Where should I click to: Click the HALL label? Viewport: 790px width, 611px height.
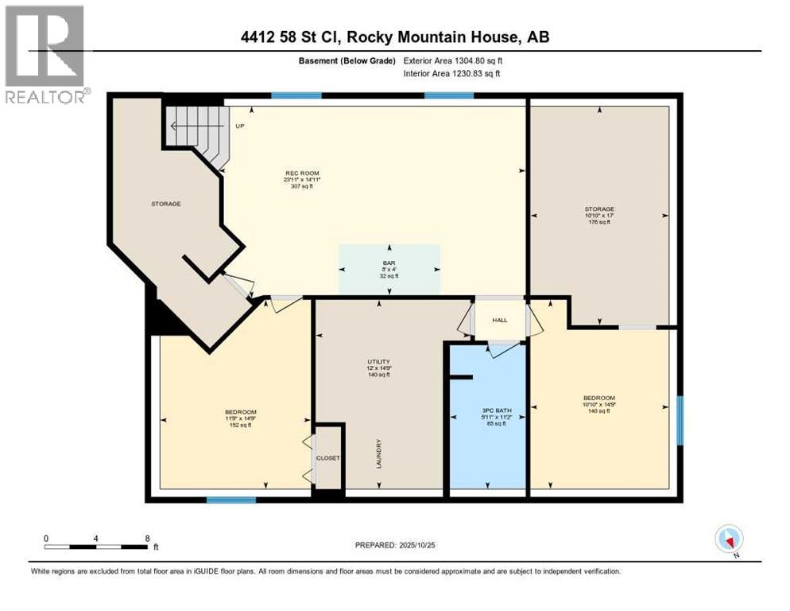pyautogui.click(x=499, y=320)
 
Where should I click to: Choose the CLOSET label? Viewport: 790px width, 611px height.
pyautogui.click(x=327, y=458)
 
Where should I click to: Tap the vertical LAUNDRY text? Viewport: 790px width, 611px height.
pyautogui.click(x=380, y=453)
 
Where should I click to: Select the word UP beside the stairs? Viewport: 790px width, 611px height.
pyautogui.click(x=239, y=126)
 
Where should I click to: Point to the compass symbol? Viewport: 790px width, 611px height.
pyautogui.click(x=728, y=539)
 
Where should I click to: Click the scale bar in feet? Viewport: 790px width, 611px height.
pyautogui.click(x=96, y=547)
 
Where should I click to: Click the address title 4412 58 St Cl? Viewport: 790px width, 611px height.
pyautogui.click(x=394, y=37)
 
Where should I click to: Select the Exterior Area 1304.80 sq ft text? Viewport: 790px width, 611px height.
pyautogui.click(x=452, y=60)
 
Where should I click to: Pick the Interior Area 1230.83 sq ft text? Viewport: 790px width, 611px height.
pyautogui.click(x=452, y=74)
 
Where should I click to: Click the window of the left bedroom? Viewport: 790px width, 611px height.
pyautogui.click(x=231, y=500)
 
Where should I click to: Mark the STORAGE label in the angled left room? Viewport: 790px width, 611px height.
pyautogui.click(x=166, y=204)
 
